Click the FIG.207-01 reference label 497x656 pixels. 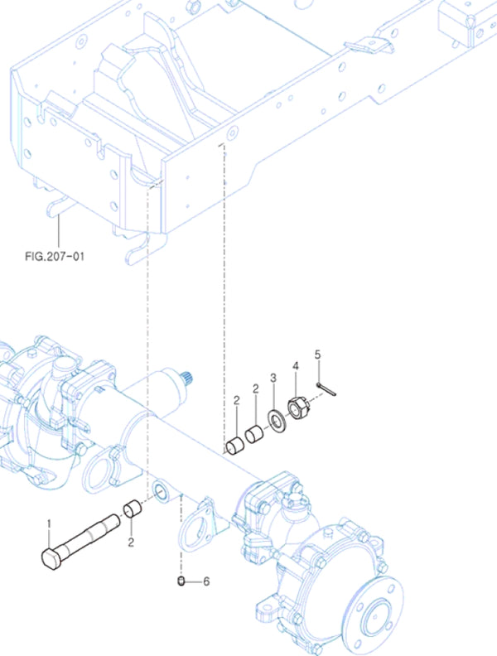pyautogui.click(x=55, y=257)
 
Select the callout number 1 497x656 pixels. pyautogui.click(x=49, y=523)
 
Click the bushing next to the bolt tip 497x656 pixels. pyautogui.click(x=132, y=509)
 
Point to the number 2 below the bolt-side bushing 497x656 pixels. pyautogui.click(x=131, y=543)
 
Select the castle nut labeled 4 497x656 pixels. pyautogui.click(x=297, y=408)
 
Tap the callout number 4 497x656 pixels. pyautogui.click(x=295, y=365)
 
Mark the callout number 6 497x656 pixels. pyautogui.click(x=206, y=581)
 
